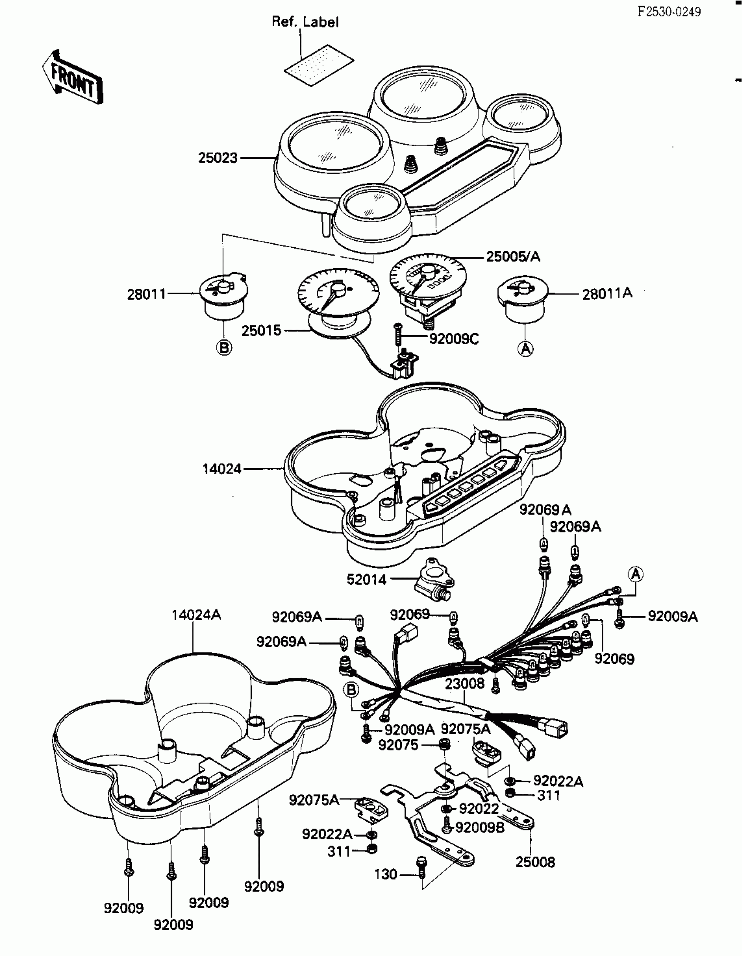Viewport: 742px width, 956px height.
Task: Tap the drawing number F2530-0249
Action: click(x=669, y=12)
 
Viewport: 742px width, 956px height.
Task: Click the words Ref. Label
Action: click(x=305, y=22)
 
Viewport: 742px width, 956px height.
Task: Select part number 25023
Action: click(x=218, y=157)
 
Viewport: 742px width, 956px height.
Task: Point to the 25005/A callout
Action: click(x=513, y=256)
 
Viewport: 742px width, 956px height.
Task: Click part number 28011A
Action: click(x=607, y=294)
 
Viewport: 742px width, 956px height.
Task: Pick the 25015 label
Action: click(x=261, y=331)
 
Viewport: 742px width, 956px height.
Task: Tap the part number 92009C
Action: click(x=454, y=339)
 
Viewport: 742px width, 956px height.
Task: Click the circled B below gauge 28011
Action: click(x=224, y=348)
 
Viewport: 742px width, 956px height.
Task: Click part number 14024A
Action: click(x=196, y=615)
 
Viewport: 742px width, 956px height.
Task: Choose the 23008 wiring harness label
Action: click(x=465, y=683)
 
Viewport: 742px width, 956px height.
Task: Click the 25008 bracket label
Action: click(x=535, y=862)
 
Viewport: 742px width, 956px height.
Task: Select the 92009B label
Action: click(x=480, y=827)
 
